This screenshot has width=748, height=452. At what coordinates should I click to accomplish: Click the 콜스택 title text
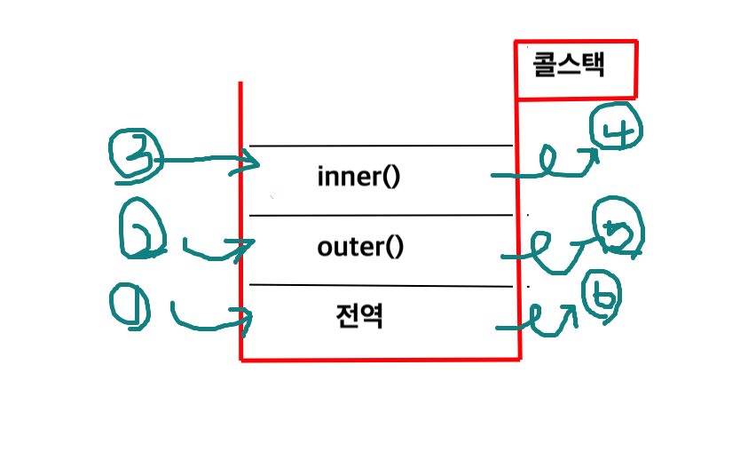click(x=569, y=66)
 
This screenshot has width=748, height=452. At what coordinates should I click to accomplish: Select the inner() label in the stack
click(x=358, y=177)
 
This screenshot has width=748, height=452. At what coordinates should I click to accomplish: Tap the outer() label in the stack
click(x=360, y=247)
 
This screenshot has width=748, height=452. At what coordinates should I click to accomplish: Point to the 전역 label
click(x=360, y=316)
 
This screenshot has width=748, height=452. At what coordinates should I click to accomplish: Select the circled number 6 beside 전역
click(x=600, y=299)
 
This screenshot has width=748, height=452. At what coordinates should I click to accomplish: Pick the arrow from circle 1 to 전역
click(x=213, y=321)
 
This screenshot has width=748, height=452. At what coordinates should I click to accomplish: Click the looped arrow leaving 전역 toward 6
click(x=541, y=320)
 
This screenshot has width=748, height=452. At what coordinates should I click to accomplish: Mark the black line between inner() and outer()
click(x=382, y=215)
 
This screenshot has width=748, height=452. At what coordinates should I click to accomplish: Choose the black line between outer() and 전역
click(x=382, y=286)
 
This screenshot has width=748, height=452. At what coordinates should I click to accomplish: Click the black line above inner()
click(x=382, y=145)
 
